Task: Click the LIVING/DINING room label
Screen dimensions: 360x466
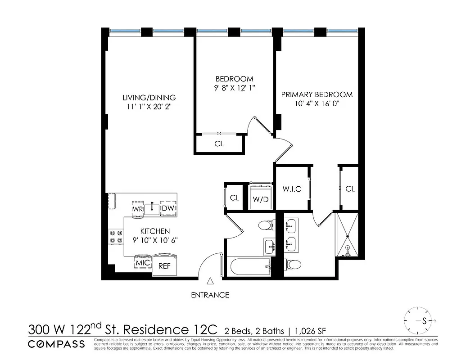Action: [149, 98]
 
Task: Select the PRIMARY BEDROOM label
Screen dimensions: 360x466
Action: [317, 94]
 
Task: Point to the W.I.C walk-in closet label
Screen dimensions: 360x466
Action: [292, 189]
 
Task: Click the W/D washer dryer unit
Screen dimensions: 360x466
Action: [261, 197]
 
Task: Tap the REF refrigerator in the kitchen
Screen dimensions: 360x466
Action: [165, 265]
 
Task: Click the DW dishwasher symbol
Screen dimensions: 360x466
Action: [167, 208]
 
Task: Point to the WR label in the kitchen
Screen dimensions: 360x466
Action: [138, 209]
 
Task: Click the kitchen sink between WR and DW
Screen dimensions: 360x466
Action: [153, 208]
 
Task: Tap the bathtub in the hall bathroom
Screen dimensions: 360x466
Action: [250, 267]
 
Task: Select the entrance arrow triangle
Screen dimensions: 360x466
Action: [210, 282]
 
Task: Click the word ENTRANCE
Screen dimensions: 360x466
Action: [210, 295]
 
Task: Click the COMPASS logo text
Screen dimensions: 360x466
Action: [56, 344]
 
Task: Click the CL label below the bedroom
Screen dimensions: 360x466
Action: [219, 144]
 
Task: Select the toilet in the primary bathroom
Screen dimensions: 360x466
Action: [294, 264]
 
